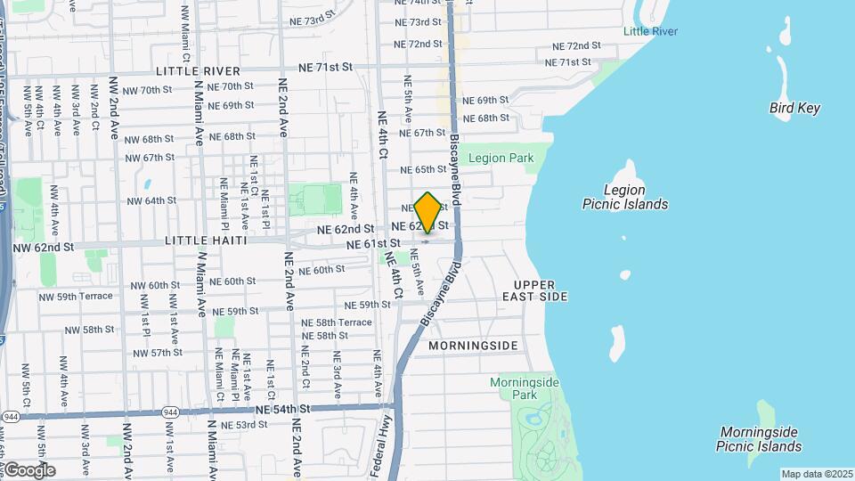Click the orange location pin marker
pos(427,212)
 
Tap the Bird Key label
pos(794,108)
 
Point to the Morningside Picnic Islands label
pos(760,439)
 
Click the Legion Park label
pos(501,159)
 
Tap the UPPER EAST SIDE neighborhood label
pos(534,289)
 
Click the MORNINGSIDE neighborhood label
pos(472,345)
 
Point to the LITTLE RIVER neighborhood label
pos(197,70)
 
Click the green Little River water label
pos(650,31)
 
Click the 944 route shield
pos(11,416)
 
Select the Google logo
pos(29,469)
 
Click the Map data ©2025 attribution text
pos(816,474)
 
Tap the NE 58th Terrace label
pos(337,322)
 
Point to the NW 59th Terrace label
pos(77,296)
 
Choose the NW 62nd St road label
pos(43,246)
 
